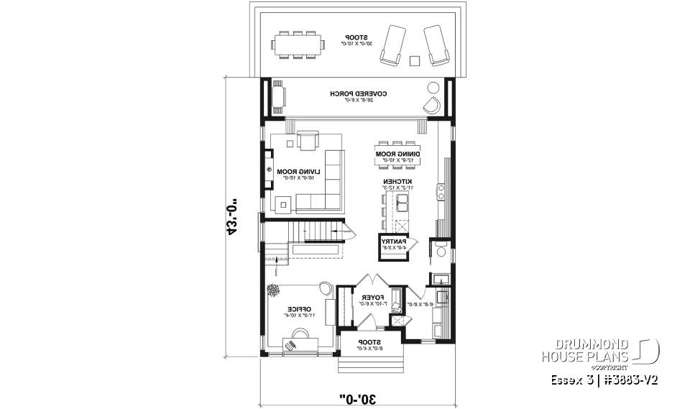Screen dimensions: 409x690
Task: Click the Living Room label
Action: click(x=295, y=173)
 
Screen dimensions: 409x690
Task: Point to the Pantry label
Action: click(x=395, y=243)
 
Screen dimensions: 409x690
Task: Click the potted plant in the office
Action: click(x=274, y=290)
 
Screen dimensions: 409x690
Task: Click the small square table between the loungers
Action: click(x=414, y=60)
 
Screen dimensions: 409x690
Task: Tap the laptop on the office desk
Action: click(x=292, y=345)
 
